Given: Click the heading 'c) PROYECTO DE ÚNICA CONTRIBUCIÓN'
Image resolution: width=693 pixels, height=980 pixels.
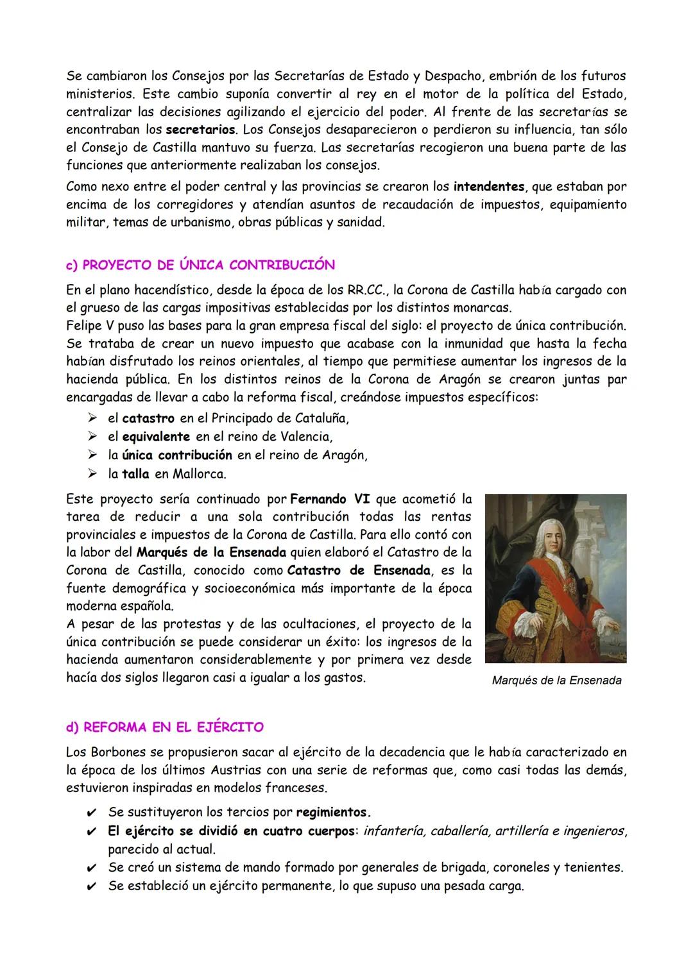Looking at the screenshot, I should coord(200,265).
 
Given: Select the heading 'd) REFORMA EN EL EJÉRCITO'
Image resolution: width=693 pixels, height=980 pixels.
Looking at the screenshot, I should coord(164,727).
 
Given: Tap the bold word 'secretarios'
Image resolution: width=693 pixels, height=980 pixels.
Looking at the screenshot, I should coord(200,130).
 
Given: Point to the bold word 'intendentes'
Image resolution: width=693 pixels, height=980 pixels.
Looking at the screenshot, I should coord(489,187).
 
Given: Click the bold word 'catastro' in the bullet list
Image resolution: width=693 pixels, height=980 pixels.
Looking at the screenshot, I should coord(148,419).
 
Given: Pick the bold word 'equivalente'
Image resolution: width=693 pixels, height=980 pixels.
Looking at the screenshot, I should coord(156,437).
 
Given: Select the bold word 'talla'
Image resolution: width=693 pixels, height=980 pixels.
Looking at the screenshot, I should coord(135,474).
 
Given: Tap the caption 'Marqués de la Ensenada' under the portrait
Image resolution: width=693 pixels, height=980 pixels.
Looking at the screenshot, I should coord(556,680).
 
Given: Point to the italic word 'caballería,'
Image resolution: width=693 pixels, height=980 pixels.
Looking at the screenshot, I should coord(462,831).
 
